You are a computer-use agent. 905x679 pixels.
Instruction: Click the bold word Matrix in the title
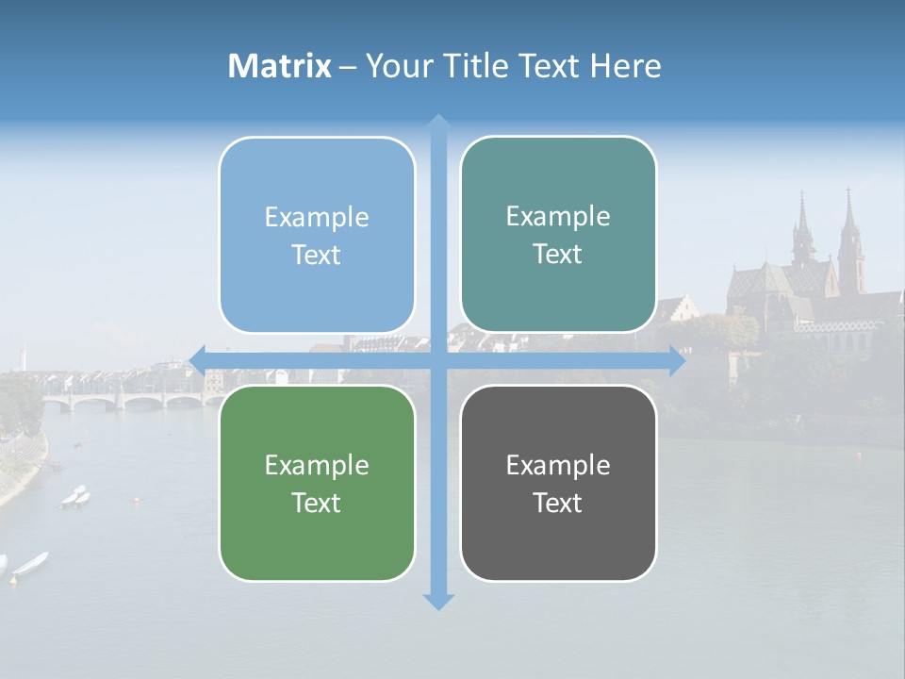[280, 66]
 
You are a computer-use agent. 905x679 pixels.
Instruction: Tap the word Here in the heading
[625, 66]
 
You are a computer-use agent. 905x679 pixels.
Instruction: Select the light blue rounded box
[317, 235]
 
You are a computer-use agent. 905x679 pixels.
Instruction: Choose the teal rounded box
[558, 235]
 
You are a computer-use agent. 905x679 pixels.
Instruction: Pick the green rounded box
[317, 483]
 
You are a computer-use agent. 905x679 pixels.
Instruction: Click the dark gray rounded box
[558, 483]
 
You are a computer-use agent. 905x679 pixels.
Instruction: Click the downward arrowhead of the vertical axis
[437, 601]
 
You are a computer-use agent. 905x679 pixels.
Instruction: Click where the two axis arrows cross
[437, 360]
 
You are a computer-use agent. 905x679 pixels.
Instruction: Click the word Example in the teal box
[558, 216]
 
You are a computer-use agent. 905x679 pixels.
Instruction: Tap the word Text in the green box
[316, 503]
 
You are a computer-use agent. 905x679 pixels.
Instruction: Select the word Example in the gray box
[558, 465]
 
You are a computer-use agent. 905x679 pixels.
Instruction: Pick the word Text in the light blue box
[316, 255]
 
